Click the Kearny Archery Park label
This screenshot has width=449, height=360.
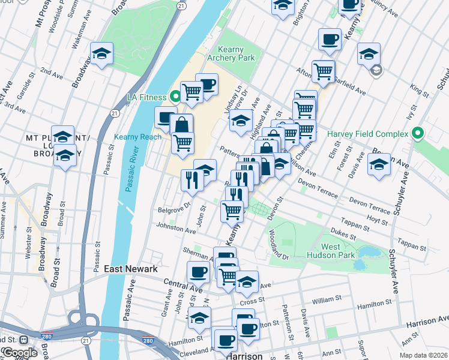[x=231, y=54]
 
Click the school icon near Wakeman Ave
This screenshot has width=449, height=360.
[x=102, y=54]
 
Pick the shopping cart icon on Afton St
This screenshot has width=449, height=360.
[x=323, y=71]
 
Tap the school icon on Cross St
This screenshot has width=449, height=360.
[x=247, y=281]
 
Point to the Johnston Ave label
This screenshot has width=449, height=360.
[x=176, y=229]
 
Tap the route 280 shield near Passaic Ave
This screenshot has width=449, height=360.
[x=148, y=341]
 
